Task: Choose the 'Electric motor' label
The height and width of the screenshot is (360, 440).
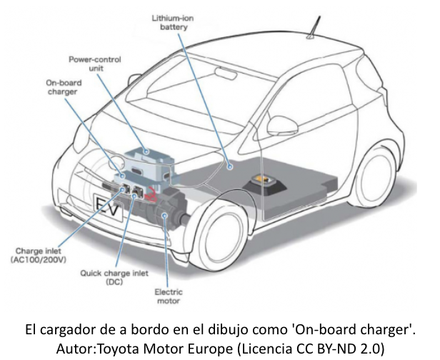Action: click(168, 296)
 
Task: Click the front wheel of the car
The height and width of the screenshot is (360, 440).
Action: click(221, 235)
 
